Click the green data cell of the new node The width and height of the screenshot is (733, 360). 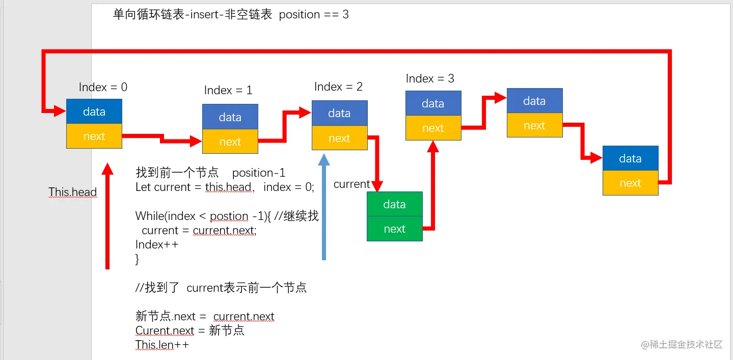tap(395, 204)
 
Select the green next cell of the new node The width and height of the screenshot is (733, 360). tap(395, 229)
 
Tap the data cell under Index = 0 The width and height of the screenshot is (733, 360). tap(94, 112)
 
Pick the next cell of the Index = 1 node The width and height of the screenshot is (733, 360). tap(230, 141)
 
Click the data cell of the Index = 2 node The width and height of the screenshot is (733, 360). tap(340, 113)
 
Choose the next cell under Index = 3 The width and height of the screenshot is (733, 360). tap(433, 128)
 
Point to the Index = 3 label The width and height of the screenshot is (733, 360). tap(430, 78)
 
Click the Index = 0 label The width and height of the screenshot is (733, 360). tap(103, 87)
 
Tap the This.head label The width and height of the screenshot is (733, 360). tap(73, 192)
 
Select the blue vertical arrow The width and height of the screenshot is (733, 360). tap(324, 207)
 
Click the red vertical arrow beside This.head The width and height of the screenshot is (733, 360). tap(107, 216)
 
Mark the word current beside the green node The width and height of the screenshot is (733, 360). tap(352, 184)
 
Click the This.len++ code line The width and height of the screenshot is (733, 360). tap(162, 345)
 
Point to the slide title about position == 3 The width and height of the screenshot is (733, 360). tap(231, 14)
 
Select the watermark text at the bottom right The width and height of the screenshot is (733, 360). tap(682, 344)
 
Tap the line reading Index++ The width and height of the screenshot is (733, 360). tap(157, 244)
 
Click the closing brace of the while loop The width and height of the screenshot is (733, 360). tap(137, 259)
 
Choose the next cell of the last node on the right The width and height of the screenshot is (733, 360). tap(631, 183)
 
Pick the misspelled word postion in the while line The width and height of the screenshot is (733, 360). tap(229, 216)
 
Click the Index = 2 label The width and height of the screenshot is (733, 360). tap(338, 87)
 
